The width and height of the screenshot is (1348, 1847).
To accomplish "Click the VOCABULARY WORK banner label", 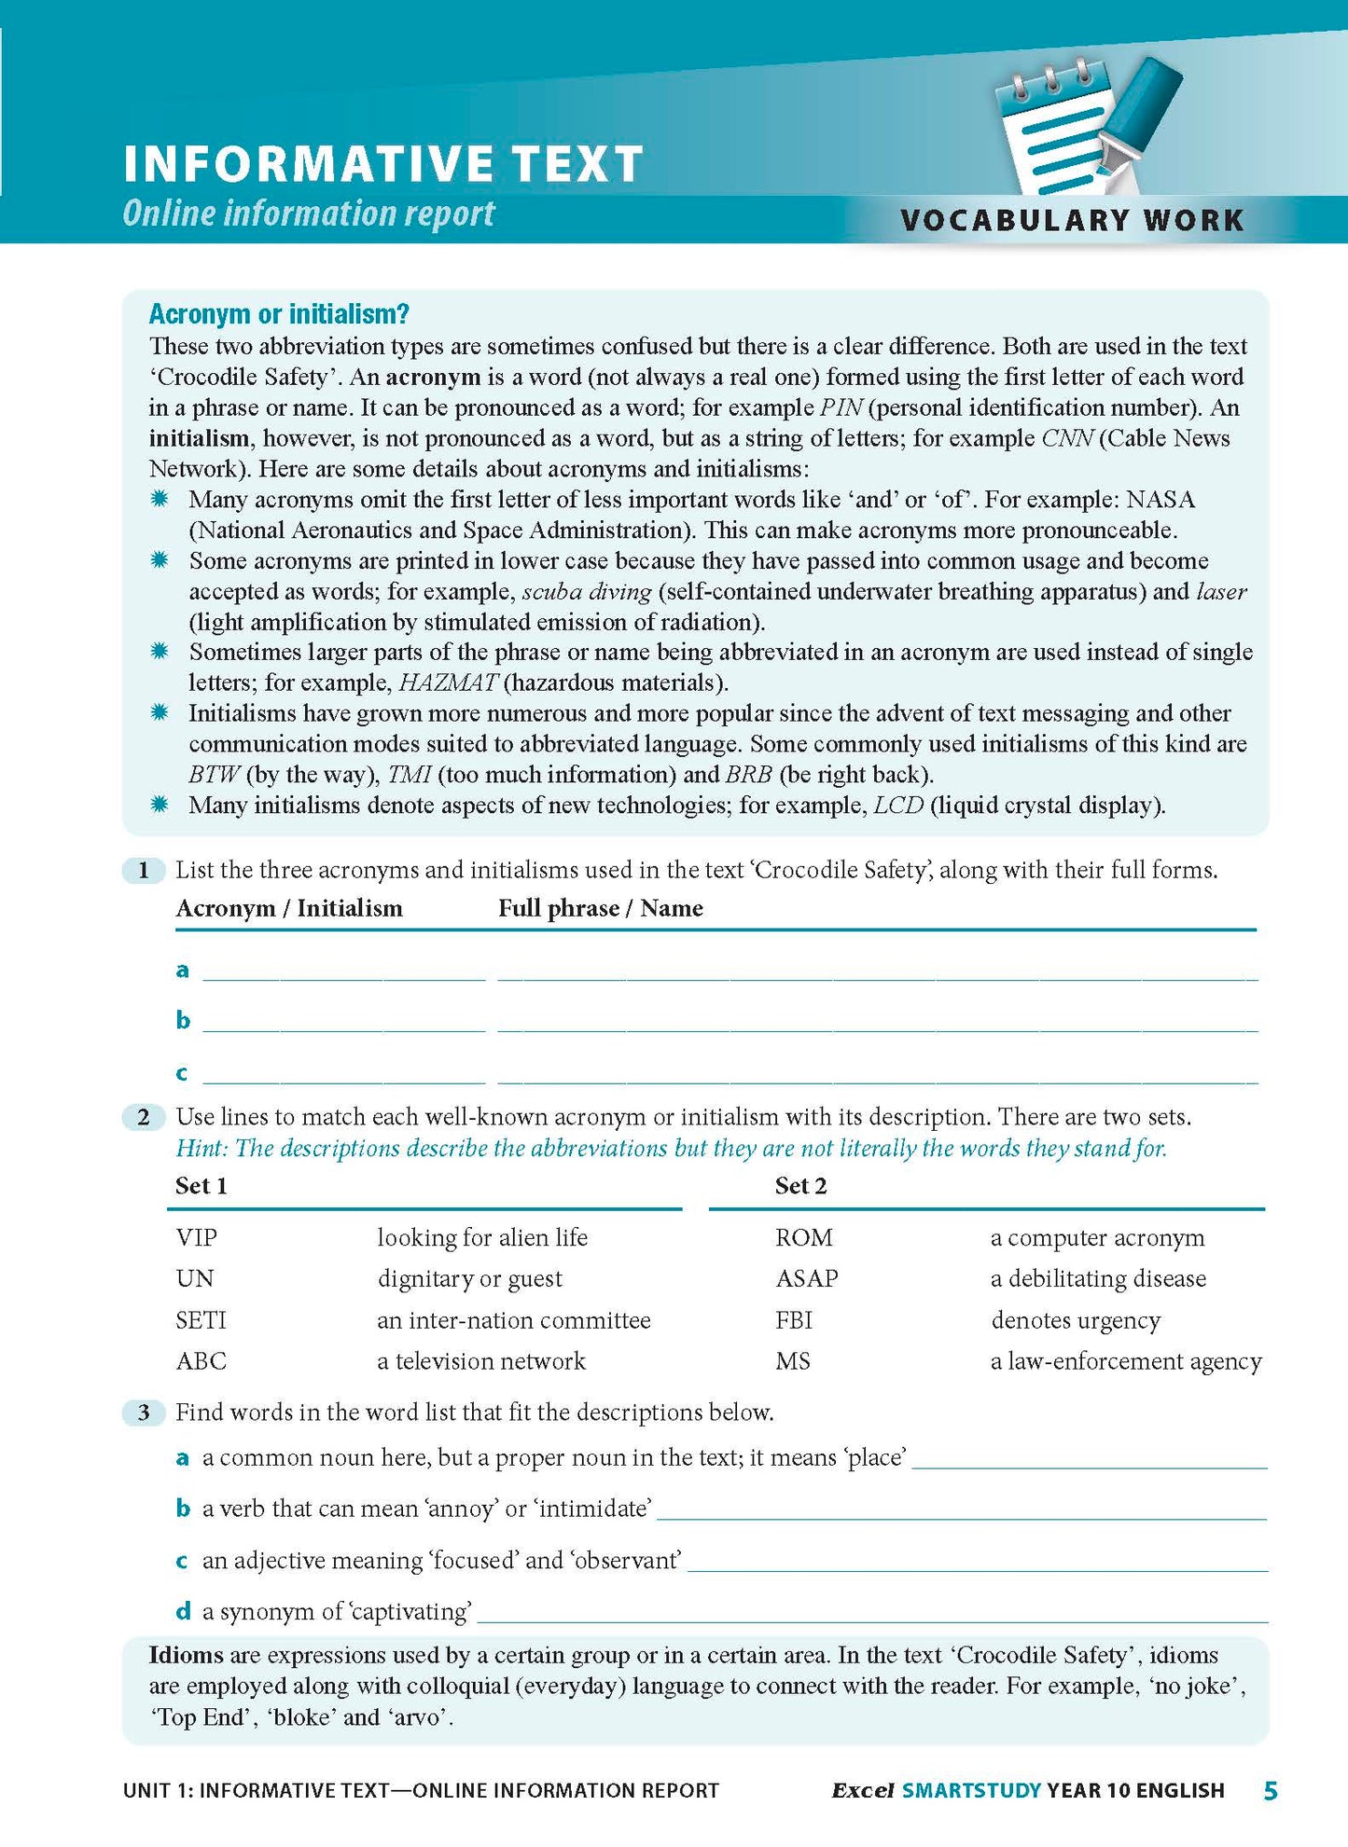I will (1072, 220).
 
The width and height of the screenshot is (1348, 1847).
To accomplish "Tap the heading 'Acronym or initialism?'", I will (279, 314).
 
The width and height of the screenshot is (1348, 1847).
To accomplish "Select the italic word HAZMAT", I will (448, 682).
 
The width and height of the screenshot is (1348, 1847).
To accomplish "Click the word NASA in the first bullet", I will (1160, 500).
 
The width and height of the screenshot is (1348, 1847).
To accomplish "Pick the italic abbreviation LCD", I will (897, 806).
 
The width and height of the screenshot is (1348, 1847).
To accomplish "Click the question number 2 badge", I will (144, 1117).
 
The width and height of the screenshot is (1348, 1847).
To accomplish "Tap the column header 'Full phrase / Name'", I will (600, 908).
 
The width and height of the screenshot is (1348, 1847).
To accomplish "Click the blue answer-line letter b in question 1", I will (183, 1020).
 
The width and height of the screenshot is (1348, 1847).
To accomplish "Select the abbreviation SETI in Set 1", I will (201, 1320).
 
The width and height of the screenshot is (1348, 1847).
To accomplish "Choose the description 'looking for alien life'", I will (482, 1237).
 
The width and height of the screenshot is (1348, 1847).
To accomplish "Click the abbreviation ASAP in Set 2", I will (806, 1278).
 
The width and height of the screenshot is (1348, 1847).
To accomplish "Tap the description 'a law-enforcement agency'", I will (1125, 1361).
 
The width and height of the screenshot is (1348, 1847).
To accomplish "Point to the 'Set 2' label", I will (800, 1186).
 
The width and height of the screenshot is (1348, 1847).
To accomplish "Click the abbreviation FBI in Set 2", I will (793, 1320).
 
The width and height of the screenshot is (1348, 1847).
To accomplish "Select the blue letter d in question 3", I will (183, 1611).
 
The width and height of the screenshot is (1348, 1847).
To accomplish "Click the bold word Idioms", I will (186, 1655).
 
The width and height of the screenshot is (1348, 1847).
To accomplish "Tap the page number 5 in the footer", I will (1270, 1790).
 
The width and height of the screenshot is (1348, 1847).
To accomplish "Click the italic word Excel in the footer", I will (862, 1791).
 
